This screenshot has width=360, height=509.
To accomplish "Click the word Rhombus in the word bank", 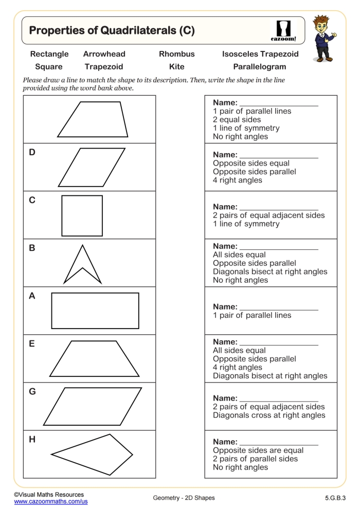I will pos(176,54).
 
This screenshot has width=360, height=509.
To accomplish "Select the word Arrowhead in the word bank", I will pos(104,54).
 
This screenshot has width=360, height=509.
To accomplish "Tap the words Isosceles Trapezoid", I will pos(260,54).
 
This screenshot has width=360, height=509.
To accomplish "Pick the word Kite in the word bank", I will pos(176,67).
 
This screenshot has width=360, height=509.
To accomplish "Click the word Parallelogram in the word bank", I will pos(259,67).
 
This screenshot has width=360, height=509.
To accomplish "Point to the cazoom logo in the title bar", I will pos(283,31).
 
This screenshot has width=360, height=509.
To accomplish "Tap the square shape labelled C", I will pos(82,215).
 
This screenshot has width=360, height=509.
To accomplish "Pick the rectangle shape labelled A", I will pos(95,311).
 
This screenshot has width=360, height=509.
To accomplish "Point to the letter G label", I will pos(32,392).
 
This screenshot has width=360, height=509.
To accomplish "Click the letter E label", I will pos(32,344).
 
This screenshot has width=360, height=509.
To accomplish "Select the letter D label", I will pos(32,152).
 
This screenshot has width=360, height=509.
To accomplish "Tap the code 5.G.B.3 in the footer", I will pos(335,498).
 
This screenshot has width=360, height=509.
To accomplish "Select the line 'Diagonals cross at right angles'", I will pos(269,415).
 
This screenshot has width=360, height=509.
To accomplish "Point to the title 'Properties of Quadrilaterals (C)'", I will pos(112,30).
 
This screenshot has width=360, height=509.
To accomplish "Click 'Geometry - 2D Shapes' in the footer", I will pos(184,498).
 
